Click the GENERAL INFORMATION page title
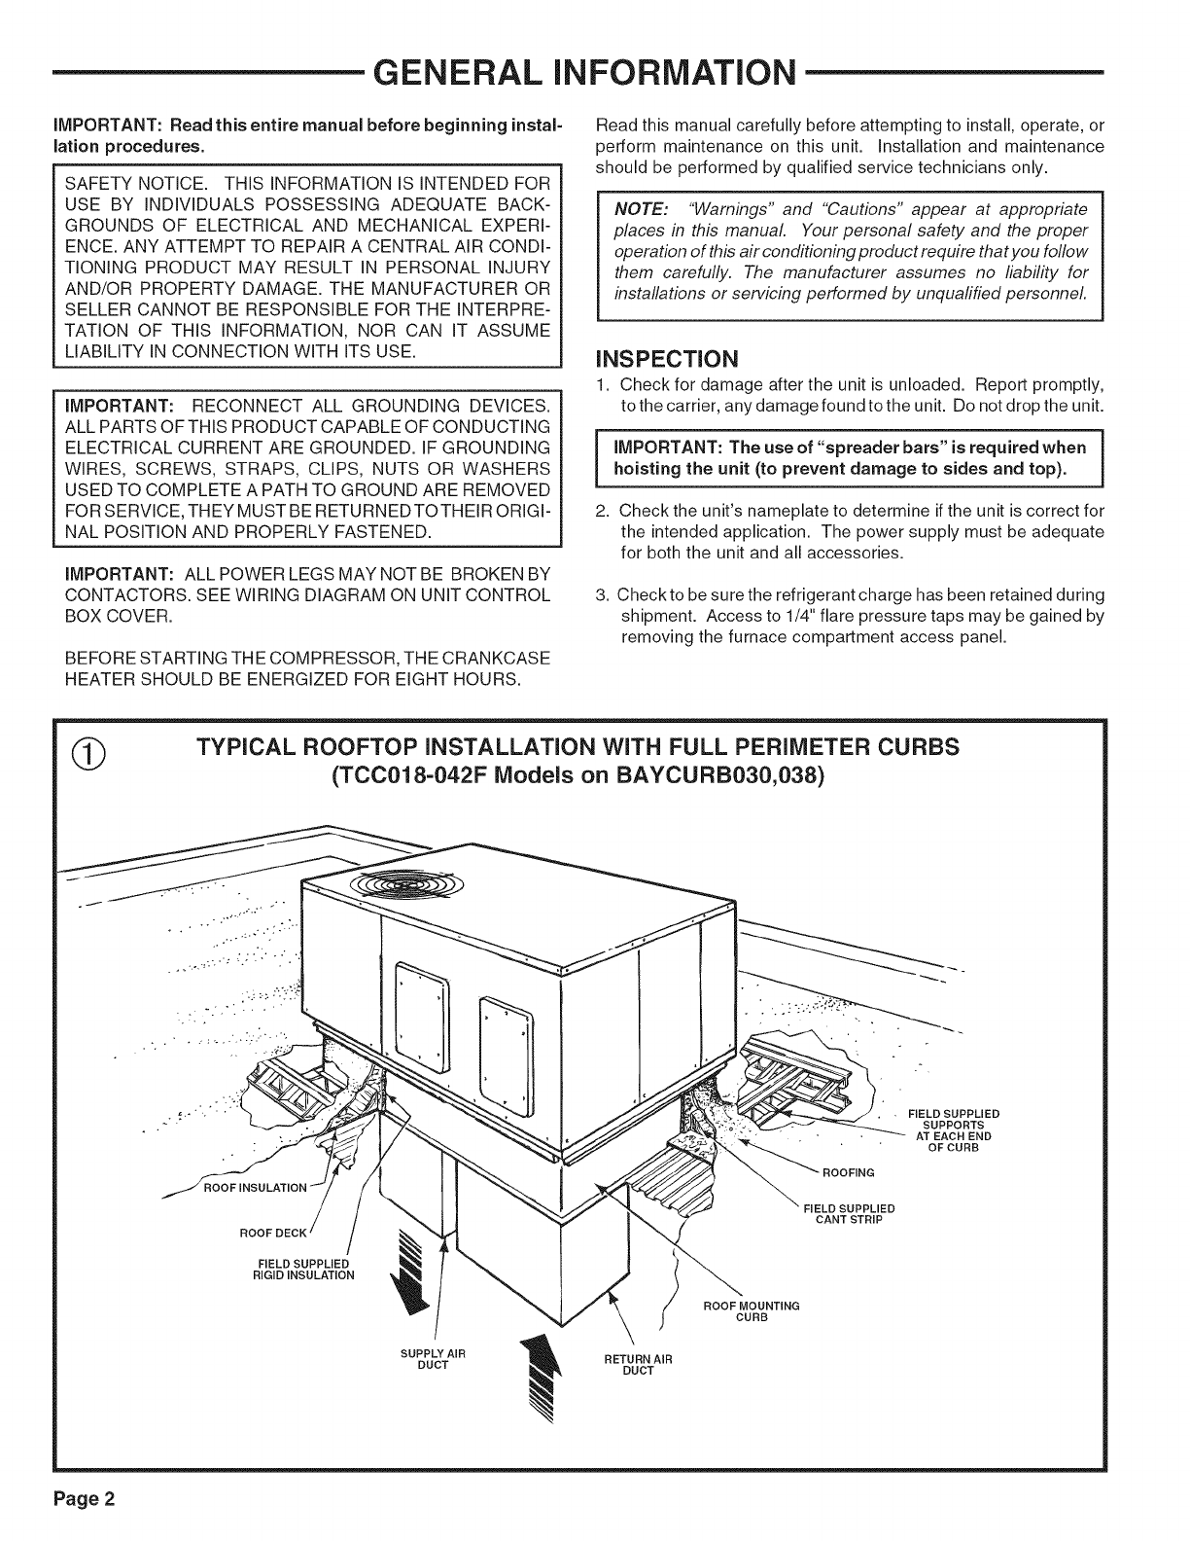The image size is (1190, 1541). pos(594,73)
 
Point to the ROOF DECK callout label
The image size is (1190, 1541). pos(274,1234)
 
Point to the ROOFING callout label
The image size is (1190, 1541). pos(849,1171)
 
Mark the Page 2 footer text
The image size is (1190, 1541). pos(86,1498)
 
